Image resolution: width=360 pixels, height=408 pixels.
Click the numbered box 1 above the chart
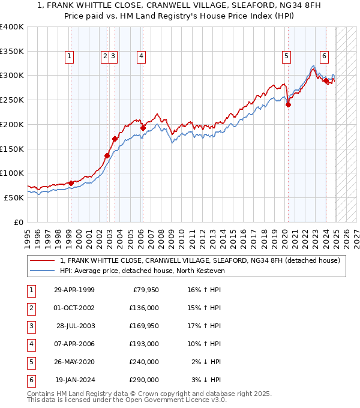[x=70, y=56]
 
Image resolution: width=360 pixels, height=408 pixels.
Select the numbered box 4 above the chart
[x=141, y=56]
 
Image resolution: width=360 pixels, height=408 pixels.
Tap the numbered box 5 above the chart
[x=287, y=56]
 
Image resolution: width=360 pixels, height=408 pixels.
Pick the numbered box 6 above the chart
[x=324, y=56]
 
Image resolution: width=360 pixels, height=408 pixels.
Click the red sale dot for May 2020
[x=288, y=104]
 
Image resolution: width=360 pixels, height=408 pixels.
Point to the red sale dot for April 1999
[x=71, y=183]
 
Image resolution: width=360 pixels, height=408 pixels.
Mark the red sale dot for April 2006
[x=143, y=128]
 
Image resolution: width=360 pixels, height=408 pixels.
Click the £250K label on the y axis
[x=12, y=100]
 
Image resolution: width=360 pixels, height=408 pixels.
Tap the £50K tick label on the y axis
[x=14, y=197]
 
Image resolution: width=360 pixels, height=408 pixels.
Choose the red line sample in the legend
[x=43, y=260]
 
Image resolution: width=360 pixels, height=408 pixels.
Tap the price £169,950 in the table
[x=144, y=326]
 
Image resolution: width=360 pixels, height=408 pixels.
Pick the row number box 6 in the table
[x=29, y=380]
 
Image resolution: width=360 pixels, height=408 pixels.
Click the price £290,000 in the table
[x=144, y=380]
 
